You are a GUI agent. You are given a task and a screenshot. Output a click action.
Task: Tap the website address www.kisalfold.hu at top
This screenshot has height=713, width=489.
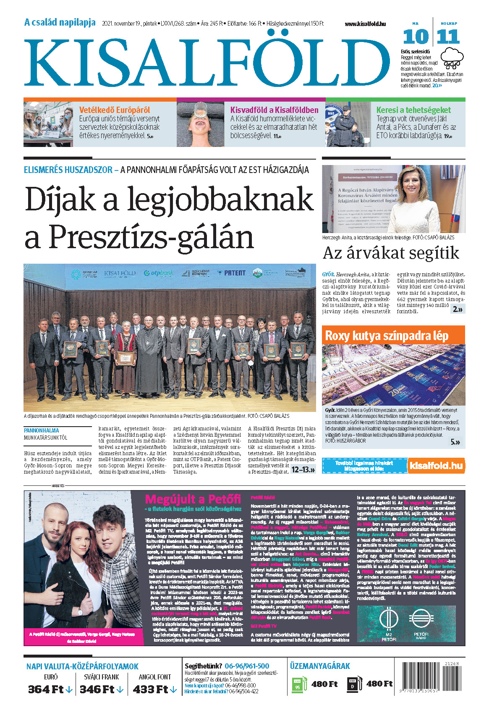pyautogui.click(x=365, y=24)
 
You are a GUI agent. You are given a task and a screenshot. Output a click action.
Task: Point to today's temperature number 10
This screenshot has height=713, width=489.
pyautogui.click(x=415, y=37)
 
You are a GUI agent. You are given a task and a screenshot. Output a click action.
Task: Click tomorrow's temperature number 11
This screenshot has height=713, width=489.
pyautogui.click(x=448, y=37)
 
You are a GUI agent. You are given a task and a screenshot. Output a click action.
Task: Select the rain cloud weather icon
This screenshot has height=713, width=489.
pyautogui.click(x=452, y=58)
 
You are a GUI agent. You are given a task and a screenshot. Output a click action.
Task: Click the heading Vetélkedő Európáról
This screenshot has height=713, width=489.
pyautogui.click(x=115, y=110)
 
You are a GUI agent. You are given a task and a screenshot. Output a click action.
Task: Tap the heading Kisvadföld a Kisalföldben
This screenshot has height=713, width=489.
pyautogui.click(x=274, y=110)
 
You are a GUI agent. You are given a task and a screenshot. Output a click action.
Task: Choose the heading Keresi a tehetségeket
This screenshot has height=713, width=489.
pyautogui.click(x=413, y=110)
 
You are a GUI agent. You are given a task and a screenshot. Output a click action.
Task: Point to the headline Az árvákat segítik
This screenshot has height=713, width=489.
pyautogui.click(x=391, y=253)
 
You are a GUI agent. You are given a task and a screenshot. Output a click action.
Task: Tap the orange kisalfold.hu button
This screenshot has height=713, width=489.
pyautogui.click(x=436, y=466)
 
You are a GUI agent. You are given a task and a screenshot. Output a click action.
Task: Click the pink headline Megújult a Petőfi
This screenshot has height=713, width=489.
pyautogui.click(x=193, y=500)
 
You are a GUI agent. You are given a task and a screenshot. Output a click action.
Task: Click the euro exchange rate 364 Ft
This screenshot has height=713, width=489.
pyautogui.click(x=50, y=689)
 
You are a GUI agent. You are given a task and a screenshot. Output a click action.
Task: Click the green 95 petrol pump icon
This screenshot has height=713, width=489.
pyautogui.click(x=298, y=685)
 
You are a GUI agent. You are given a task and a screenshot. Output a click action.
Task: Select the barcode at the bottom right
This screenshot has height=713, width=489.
pyautogui.click(x=430, y=680)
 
